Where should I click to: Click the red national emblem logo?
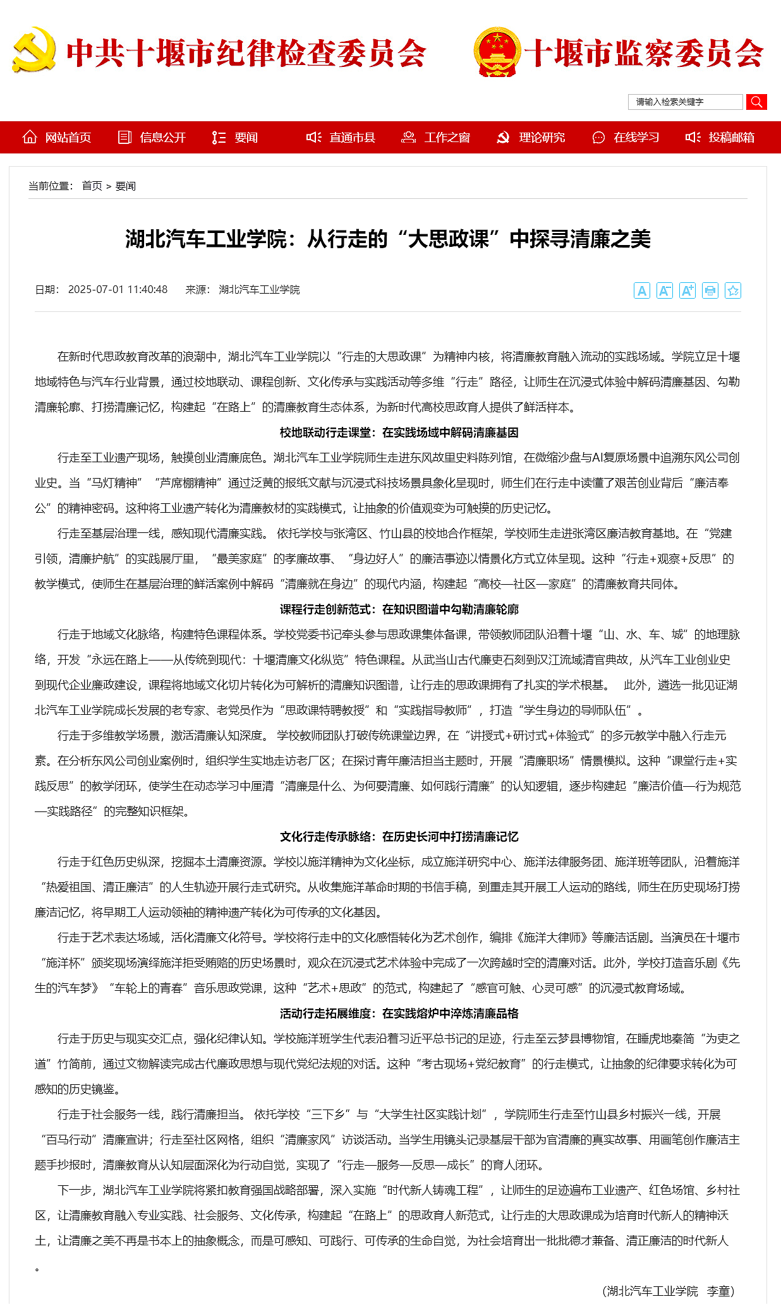(497, 52)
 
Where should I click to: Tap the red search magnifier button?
(756, 102)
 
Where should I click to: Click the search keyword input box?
(685, 102)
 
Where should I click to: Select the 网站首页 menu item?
(57, 138)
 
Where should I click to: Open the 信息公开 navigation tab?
(152, 138)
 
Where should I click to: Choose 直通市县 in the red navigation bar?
(341, 138)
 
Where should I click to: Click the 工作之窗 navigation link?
(436, 138)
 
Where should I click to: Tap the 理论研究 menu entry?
(531, 138)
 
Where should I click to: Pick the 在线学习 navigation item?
(626, 138)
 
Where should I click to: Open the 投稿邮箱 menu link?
(720, 138)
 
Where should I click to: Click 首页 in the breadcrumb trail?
(92, 186)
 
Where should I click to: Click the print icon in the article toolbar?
(710, 290)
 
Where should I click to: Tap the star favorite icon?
(733, 290)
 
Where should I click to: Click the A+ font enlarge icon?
(687, 290)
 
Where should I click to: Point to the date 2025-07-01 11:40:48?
(118, 289)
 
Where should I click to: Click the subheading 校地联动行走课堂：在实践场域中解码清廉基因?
(399, 433)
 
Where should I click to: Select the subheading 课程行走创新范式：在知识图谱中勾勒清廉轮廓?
(399, 609)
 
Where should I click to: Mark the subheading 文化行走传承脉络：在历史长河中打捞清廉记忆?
(399, 837)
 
